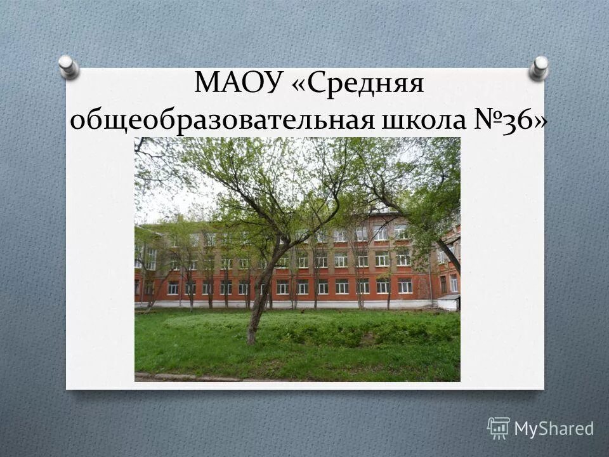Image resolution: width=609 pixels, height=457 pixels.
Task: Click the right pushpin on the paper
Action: (x=540, y=67)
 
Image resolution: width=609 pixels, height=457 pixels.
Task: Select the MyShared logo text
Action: (x=554, y=428)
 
